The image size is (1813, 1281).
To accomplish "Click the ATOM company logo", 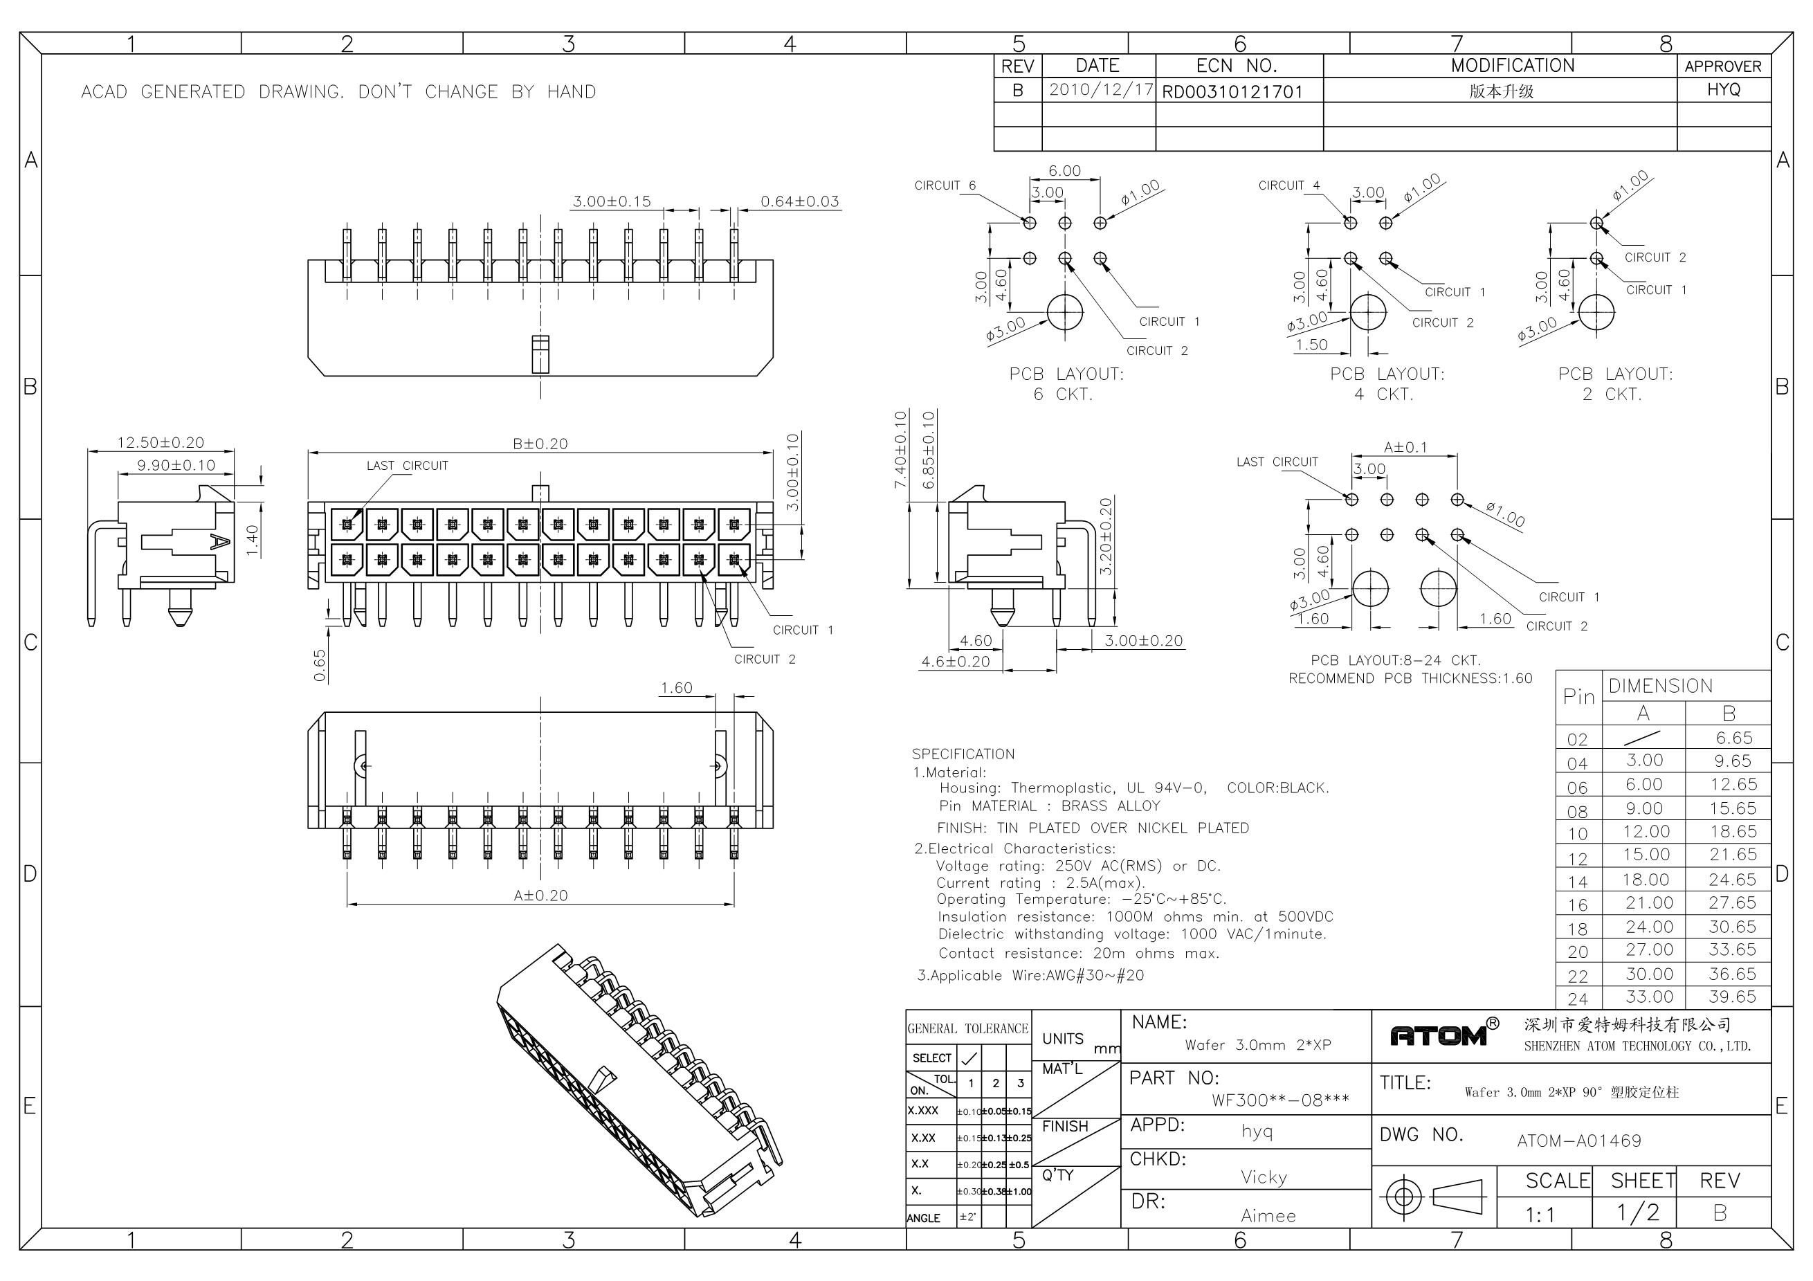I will [1438, 1035].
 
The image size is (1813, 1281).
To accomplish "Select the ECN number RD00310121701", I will [1232, 91].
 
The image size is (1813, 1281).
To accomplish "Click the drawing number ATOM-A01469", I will [1579, 1141].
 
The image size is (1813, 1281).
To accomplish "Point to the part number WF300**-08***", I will [1280, 1100].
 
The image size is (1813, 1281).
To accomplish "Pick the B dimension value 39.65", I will [1733, 997].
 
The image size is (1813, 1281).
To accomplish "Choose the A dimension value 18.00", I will [1646, 880].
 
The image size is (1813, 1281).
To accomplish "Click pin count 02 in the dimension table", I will [1577, 740].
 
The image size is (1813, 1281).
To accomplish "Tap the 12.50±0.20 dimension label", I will [161, 442].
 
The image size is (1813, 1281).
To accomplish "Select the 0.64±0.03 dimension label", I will [799, 201].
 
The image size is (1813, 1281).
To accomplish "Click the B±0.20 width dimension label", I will [540, 444].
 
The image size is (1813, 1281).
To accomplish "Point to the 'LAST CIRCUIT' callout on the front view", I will [407, 466].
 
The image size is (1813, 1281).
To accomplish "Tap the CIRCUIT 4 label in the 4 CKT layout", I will [1288, 185].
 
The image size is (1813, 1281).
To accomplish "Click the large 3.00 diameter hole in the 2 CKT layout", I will [1596, 312].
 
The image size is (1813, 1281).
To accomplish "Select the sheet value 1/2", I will [1638, 1212].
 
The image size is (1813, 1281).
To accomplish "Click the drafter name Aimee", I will [1267, 1216].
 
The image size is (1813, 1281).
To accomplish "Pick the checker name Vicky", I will [1264, 1178].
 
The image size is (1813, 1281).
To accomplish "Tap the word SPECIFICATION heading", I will [963, 754].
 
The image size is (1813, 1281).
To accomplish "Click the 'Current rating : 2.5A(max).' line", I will [1040, 883].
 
